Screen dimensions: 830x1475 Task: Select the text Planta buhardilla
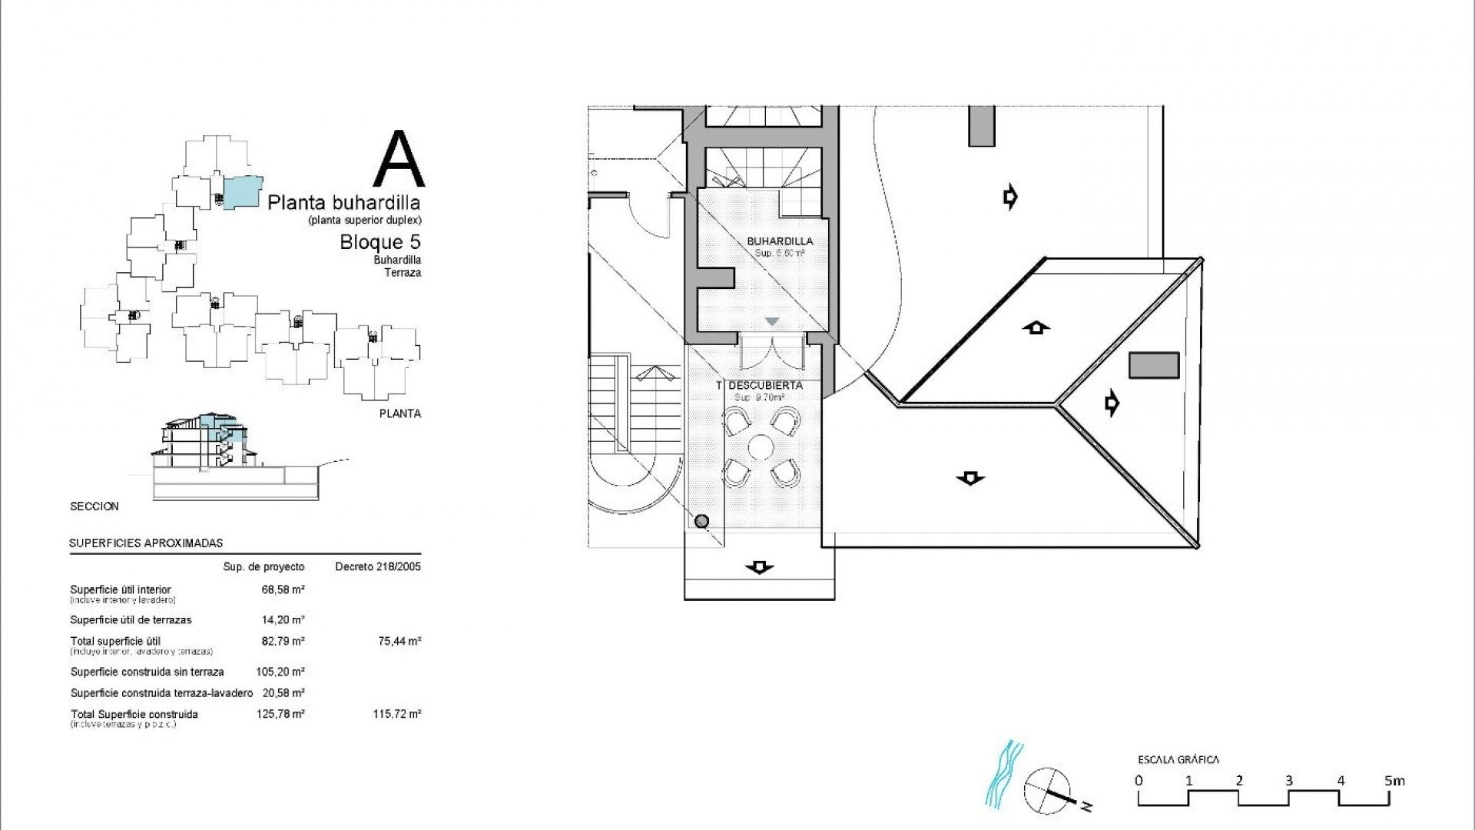pos(343,203)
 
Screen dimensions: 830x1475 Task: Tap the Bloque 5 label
pos(380,242)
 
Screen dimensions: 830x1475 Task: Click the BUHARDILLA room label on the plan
pos(780,241)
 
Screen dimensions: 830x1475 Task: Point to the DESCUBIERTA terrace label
pos(765,385)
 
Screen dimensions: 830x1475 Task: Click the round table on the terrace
pos(761,447)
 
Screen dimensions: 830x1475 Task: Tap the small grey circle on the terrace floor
pos(701,522)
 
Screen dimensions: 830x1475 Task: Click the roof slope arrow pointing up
pos(1036,328)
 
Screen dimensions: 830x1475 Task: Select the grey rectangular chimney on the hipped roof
pos(1153,365)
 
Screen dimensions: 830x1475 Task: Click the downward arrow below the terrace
pos(759,568)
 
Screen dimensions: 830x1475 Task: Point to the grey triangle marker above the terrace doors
pos(772,321)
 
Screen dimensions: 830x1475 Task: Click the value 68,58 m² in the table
pos(283,589)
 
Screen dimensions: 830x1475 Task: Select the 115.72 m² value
pos(396,714)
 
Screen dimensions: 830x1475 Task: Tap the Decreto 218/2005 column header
pos(378,567)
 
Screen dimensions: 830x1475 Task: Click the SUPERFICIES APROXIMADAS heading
pos(146,543)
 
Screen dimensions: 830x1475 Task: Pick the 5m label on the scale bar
pos(1394,781)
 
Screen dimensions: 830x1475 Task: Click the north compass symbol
pos(1049,790)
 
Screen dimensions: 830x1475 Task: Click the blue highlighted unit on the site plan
pos(243,190)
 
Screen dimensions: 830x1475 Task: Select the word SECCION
pos(94,506)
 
